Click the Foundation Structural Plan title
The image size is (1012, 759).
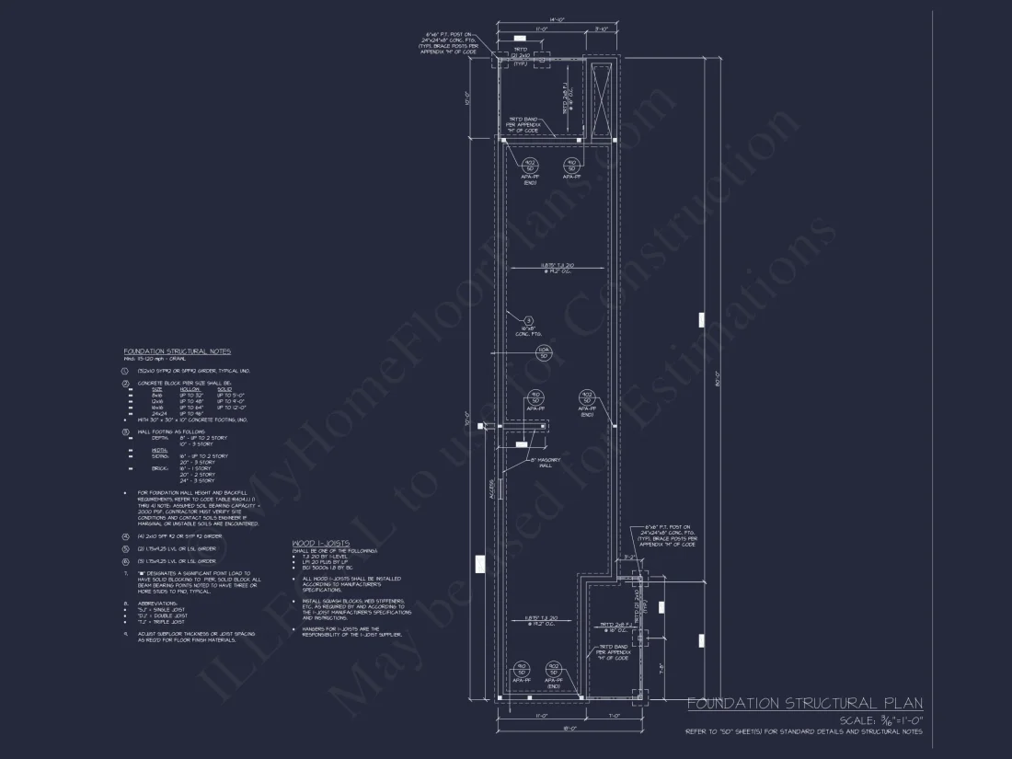(805, 704)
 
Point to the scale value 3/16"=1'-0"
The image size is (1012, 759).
(881, 720)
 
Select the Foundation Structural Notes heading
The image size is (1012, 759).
(178, 351)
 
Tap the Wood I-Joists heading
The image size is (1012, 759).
(320, 543)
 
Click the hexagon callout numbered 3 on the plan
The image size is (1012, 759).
(529, 320)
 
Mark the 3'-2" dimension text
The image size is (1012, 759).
(630, 558)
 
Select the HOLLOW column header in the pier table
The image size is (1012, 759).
(191, 389)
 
